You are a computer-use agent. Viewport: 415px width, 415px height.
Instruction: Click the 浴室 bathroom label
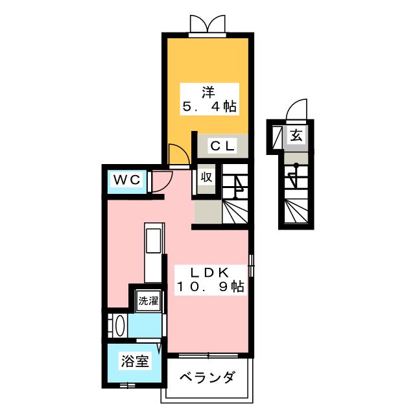(x=134, y=362)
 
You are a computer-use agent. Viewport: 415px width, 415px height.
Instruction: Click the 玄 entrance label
(x=296, y=136)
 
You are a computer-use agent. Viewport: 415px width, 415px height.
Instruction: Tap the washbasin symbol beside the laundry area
(x=118, y=324)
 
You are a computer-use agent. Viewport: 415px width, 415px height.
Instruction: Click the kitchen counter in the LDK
(x=153, y=253)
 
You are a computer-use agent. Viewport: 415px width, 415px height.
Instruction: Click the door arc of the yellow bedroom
(x=177, y=155)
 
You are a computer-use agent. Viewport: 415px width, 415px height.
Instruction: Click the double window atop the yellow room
(x=207, y=24)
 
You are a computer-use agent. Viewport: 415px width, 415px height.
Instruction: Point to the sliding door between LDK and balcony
(x=207, y=355)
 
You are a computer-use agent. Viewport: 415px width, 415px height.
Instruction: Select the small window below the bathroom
(x=128, y=386)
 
